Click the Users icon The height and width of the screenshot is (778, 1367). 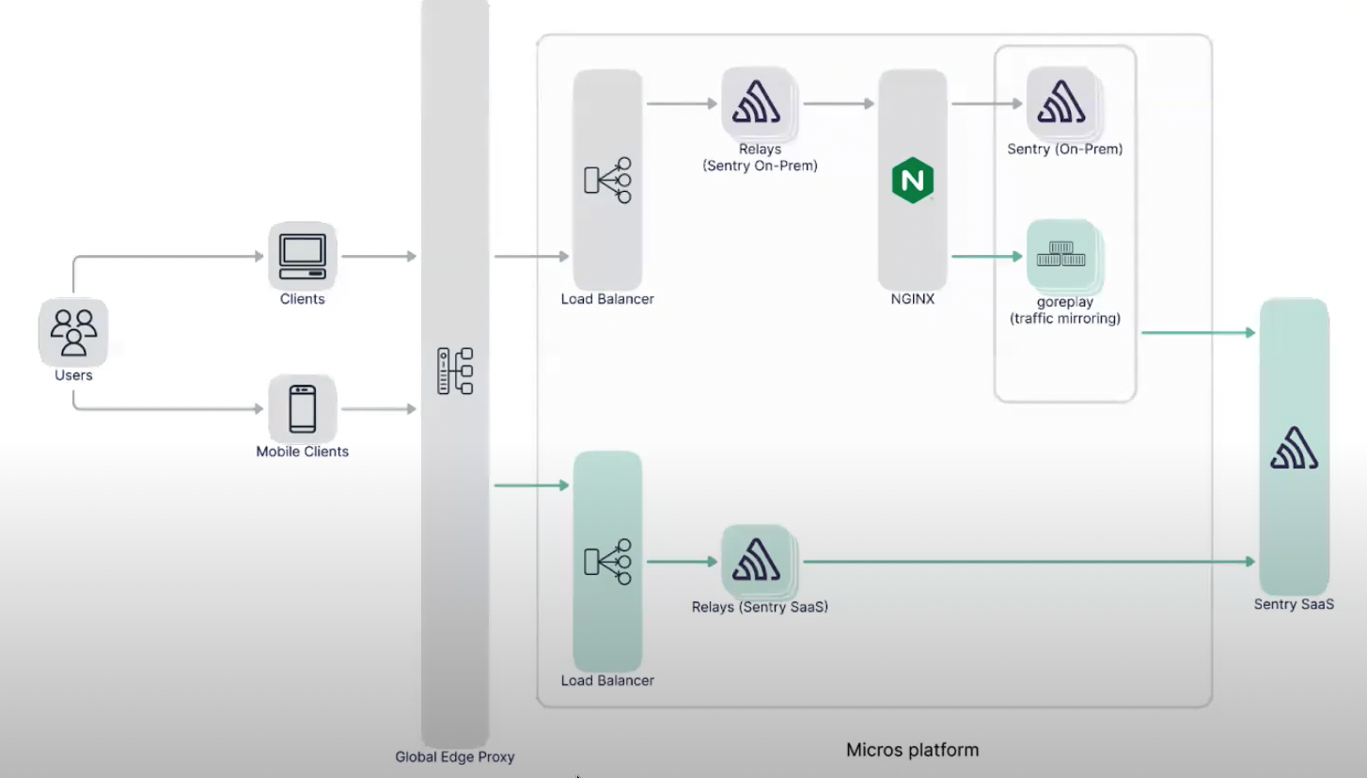pos(73,331)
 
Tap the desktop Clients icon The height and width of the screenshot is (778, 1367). pos(302,255)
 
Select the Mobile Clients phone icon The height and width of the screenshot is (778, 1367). pos(302,408)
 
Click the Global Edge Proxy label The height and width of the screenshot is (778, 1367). pos(455,756)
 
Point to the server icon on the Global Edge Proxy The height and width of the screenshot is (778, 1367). pos(455,371)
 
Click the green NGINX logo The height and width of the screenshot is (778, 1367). pos(912,180)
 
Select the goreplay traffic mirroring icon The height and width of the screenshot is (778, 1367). pos(1061,253)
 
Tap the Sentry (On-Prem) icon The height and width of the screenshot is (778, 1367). pos(1061,101)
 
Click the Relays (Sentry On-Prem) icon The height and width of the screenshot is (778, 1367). pos(757,101)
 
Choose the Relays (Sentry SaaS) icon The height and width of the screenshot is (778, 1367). pos(757,560)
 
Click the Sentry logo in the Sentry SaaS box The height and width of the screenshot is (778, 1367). pos(1294,448)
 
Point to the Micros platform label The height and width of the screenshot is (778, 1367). pos(912,750)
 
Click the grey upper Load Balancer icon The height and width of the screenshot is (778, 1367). pos(607,180)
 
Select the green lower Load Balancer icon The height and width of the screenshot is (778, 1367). pos(607,562)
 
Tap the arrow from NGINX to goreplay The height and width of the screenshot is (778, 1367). pos(987,255)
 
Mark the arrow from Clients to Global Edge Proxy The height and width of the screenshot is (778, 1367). pos(379,255)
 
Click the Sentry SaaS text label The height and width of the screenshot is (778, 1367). pos(1294,605)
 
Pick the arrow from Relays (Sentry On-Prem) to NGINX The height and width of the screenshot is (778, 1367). pos(838,103)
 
